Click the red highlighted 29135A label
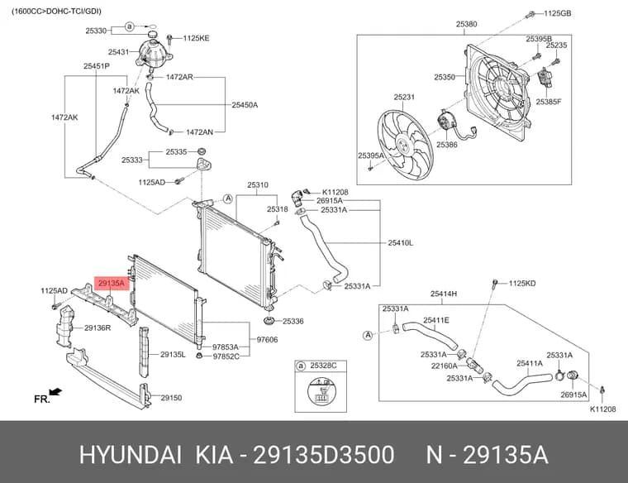tap(112, 284)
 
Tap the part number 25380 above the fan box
tap(466, 24)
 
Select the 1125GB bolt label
tap(557, 13)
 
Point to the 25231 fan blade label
tap(404, 97)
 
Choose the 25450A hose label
tap(245, 105)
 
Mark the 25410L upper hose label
tap(401, 242)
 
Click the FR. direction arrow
tap(55, 391)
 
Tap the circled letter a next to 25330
tap(129, 26)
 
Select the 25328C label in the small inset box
tap(323, 366)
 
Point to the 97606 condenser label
tap(267, 339)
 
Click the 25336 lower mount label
tap(293, 321)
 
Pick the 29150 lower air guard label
tap(171, 398)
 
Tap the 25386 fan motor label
tap(446, 145)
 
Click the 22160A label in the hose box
tap(445, 366)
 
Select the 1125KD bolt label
tap(522, 284)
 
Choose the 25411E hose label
tap(436, 320)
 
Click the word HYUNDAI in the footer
tap(131, 455)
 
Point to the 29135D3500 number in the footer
tap(324, 455)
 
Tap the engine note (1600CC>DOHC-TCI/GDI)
tap(56, 12)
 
